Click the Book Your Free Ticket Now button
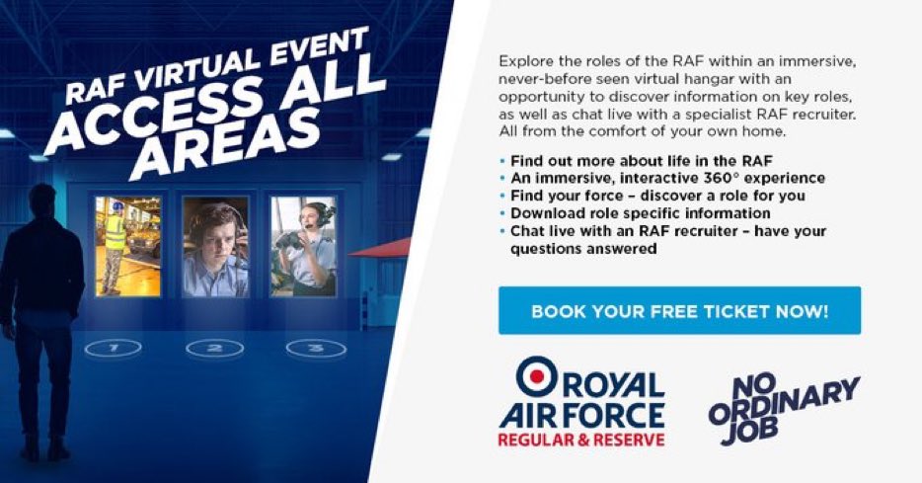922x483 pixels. click(679, 311)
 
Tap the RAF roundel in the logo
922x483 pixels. click(537, 376)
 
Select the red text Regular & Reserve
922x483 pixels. click(580, 438)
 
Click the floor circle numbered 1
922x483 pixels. click(114, 348)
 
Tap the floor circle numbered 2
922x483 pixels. click(214, 348)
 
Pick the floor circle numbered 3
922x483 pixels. click(316, 348)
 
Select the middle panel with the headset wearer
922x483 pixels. click(215, 246)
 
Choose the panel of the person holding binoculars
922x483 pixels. click(303, 246)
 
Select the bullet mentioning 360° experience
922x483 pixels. click(667, 178)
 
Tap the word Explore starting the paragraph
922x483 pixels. click(524, 61)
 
